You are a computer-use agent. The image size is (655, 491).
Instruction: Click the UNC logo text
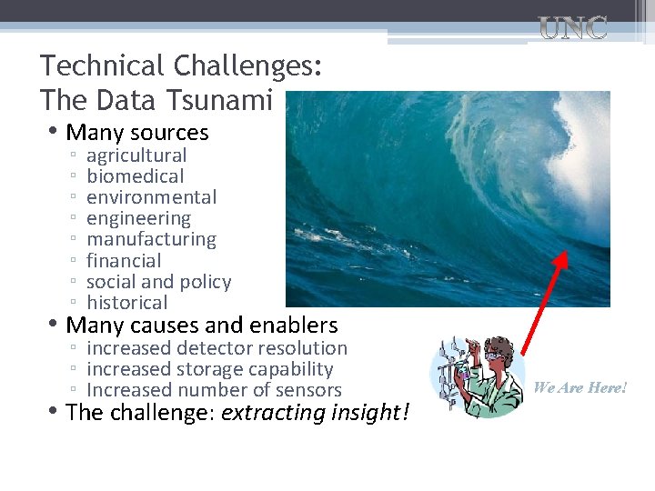tap(573, 28)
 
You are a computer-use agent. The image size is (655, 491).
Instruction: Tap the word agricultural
tap(136, 155)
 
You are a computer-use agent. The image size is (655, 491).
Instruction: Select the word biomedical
tap(135, 176)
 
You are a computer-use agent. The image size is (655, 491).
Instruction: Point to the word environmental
tap(151, 197)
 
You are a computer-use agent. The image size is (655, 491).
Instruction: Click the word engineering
tap(138, 218)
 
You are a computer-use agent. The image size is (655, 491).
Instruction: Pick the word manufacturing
tap(151, 239)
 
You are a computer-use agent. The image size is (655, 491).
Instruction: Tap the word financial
tap(124, 261)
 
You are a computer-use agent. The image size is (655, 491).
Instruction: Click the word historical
tap(127, 303)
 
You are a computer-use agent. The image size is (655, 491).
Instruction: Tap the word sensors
tap(308, 391)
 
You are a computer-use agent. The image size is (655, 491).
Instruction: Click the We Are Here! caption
tap(580, 387)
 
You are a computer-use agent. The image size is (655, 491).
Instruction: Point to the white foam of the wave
tap(582, 164)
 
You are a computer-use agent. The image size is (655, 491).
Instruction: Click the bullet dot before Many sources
tap(55, 133)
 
